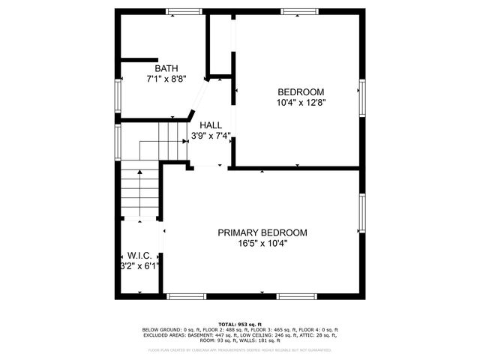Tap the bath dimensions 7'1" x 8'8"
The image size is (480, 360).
click(166, 77)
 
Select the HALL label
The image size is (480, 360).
click(210, 126)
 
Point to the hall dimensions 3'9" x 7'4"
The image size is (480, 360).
click(210, 136)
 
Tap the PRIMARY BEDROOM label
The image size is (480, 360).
click(262, 232)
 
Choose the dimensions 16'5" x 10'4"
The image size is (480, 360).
click(262, 242)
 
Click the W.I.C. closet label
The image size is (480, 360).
click(139, 256)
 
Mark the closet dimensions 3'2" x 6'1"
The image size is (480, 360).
click(139, 265)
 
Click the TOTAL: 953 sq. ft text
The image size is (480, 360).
click(240, 323)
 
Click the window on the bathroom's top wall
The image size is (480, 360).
click(184, 11)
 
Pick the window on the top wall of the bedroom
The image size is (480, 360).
click(298, 11)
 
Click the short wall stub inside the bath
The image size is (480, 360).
click(139, 59)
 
